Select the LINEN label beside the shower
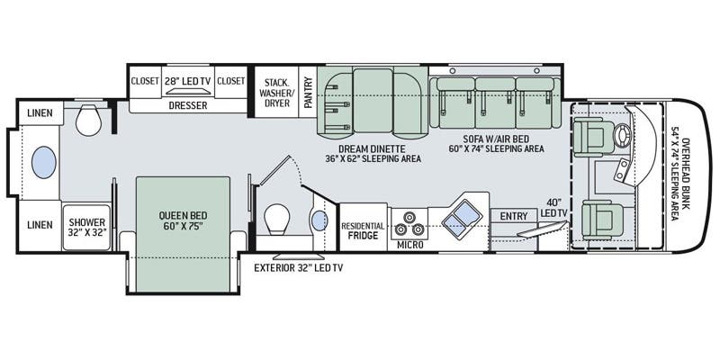[x=39, y=224]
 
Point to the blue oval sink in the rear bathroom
[x=42, y=162]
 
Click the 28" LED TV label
[x=189, y=81]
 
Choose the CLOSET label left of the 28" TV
[x=144, y=81]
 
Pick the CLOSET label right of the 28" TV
[x=231, y=81]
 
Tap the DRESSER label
[x=188, y=105]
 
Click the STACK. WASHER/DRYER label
[x=275, y=92]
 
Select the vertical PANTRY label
[x=309, y=92]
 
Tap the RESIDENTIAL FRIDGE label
[x=363, y=231]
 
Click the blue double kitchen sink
[x=463, y=216]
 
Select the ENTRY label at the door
[x=514, y=217]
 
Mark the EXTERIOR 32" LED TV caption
[x=298, y=268]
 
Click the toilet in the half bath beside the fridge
[x=278, y=216]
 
